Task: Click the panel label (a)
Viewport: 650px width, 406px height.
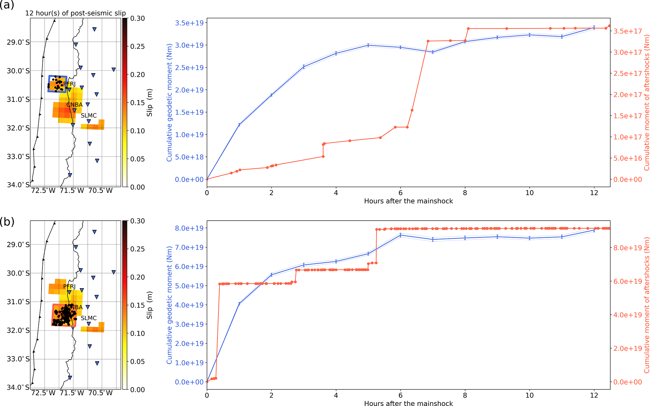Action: (7, 5)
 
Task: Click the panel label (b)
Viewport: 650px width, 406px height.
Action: (7, 222)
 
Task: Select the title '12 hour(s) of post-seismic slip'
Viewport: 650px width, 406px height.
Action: (75, 13)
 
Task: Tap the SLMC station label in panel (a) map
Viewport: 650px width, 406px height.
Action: (89, 116)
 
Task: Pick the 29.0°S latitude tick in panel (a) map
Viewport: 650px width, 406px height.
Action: (18, 42)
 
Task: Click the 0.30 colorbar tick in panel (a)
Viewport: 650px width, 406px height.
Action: (138, 19)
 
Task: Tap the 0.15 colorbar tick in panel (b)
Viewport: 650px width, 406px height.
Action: (138, 305)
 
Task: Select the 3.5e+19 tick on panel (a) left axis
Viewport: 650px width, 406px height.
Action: (189, 23)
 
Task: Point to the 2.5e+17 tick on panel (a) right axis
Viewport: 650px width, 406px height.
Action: (628, 74)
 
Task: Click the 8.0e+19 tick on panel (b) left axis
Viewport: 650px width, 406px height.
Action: (189, 228)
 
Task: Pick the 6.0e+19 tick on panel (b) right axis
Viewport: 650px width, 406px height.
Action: (628, 281)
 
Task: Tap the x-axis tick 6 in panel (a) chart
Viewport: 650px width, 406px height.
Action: (400, 193)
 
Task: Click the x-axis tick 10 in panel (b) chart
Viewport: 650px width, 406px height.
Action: (530, 395)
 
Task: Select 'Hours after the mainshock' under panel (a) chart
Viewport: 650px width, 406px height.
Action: (408, 201)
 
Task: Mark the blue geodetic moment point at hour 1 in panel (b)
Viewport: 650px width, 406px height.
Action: (239, 304)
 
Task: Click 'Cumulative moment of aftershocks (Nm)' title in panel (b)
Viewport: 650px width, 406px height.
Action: (647, 305)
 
